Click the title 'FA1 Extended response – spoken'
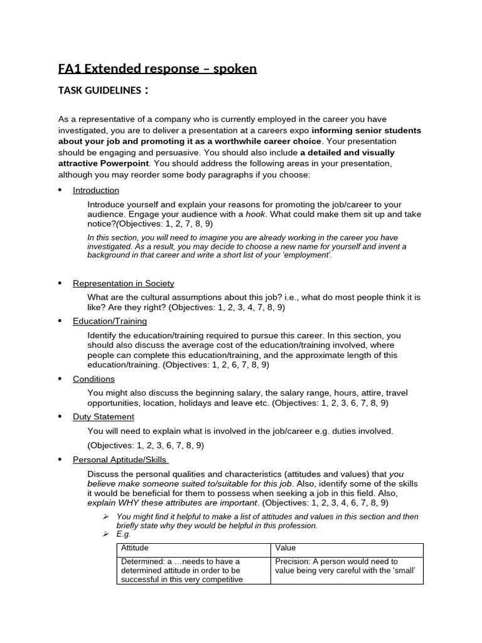tap(158, 68)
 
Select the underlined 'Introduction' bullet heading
tap(95, 190)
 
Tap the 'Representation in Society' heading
tap(123, 283)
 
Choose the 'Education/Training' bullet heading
tap(109, 321)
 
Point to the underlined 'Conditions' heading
tap(94, 379)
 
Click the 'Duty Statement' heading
tap(103, 416)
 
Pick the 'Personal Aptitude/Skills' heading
tap(120, 460)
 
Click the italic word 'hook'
tap(255, 214)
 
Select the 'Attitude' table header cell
tap(134, 548)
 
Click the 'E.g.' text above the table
tap(124, 534)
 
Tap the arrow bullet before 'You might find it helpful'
tap(106, 517)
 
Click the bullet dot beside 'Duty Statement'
tap(60, 417)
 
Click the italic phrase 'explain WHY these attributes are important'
tap(173, 503)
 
